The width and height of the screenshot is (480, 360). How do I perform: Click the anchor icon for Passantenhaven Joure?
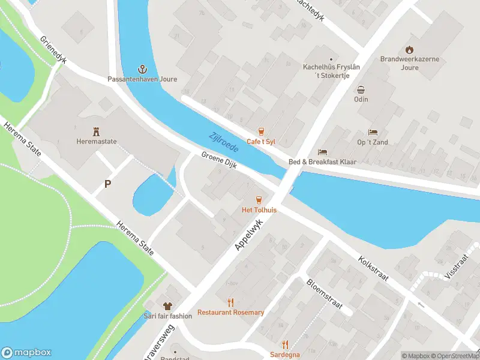(143, 69)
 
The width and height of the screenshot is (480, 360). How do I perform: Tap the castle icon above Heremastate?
(96, 131)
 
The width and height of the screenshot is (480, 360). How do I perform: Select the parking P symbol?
(107, 184)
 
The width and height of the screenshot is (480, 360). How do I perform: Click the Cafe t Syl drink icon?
(261, 131)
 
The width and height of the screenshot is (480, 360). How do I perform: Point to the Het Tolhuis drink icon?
(259, 200)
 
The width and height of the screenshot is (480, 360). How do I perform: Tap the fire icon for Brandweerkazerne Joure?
(409, 49)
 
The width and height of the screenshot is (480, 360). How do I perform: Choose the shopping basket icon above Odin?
(361, 89)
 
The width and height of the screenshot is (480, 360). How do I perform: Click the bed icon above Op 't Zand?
(373, 132)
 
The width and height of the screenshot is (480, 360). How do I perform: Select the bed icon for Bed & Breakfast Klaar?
(323, 152)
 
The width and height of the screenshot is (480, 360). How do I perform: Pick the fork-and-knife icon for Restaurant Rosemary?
(230, 302)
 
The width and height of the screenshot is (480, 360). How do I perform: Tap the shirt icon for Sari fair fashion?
(167, 306)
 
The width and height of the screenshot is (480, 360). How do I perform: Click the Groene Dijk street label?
(220, 161)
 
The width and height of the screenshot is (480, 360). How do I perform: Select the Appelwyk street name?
(249, 235)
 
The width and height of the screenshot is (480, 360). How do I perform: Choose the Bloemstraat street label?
(324, 294)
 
